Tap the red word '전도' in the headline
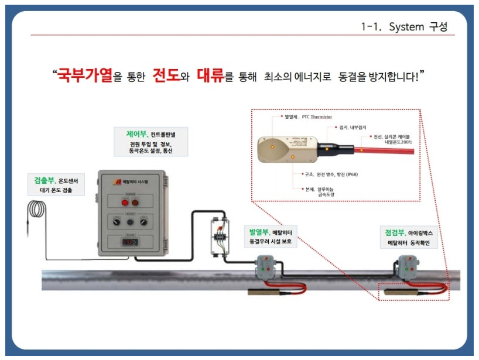(x=166, y=76)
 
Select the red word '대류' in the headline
(x=210, y=76)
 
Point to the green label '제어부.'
(x=130, y=133)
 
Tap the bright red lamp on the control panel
(x=124, y=203)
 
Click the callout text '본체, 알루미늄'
(x=318, y=189)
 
